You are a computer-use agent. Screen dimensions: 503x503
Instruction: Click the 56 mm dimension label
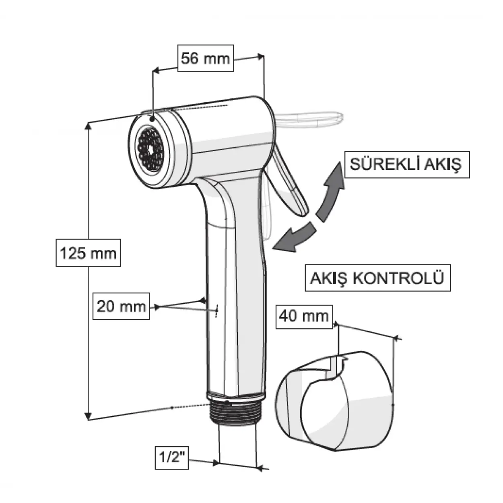(x=205, y=59)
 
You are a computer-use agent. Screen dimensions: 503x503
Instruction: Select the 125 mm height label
(x=88, y=253)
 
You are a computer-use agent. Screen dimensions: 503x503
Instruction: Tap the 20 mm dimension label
(x=121, y=307)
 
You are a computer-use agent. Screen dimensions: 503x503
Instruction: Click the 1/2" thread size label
(x=172, y=458)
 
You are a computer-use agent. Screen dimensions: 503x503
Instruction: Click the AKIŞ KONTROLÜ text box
(x=377, y=278)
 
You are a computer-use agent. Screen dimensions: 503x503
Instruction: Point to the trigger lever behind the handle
(x=290, y=181)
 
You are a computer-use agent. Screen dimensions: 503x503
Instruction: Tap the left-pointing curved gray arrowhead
(x=284, y=241)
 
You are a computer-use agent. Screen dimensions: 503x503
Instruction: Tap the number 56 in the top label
(x=190, y=59)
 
